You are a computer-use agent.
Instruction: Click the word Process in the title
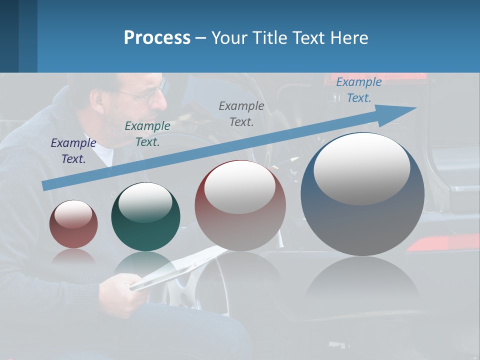(x=157, y=38)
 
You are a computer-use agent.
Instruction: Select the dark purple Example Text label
(x=73, y=151)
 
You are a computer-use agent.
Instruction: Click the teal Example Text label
(x=147, y=134)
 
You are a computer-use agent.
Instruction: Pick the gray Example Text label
(x=241, y=114)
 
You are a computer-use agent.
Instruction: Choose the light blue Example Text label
(x=358, y=90)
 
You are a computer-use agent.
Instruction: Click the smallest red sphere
(x=73, y=224)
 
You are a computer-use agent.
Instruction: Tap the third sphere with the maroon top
(x=240, y=205)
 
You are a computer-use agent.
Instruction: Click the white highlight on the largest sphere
(x=361, y=168)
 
